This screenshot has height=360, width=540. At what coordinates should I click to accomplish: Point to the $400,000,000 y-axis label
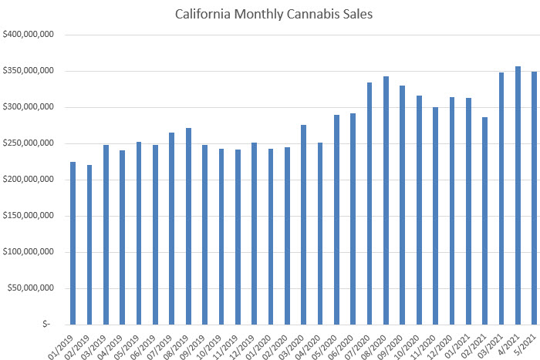pyautogui.click(x=28, y=35)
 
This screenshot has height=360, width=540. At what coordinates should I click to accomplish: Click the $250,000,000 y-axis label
pyautogui.click(x=28, y=143)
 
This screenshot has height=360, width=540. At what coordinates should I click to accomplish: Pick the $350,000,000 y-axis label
pyautogui.click(x=28, y=71)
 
